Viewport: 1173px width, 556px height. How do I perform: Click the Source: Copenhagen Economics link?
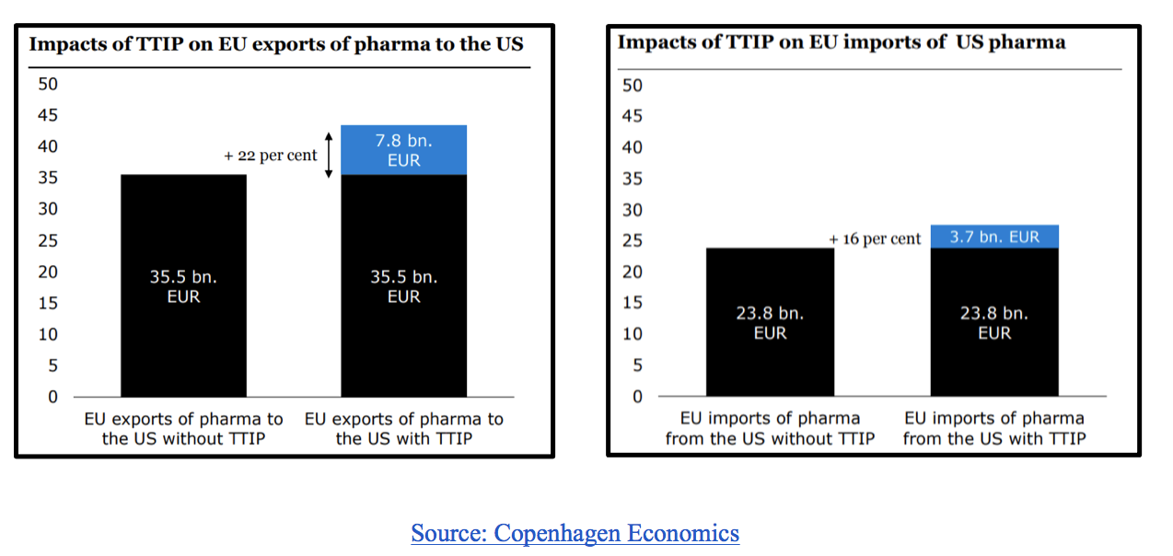(x=575, y=533)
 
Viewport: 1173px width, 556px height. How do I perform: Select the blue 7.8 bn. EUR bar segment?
(x=403, y=150)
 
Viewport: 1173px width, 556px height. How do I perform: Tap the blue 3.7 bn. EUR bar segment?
(x=994, y=237)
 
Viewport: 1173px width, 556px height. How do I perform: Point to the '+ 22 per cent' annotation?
(x=271, y=156)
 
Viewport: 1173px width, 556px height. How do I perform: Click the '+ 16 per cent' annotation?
(x=875, y=239)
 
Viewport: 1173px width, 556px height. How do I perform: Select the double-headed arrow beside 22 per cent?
(x=329, y=156)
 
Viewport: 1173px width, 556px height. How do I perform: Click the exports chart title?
(x=276, y=43)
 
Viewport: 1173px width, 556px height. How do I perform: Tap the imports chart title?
(x=841, y=42)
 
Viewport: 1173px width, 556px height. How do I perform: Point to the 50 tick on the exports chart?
(x=48, y=84)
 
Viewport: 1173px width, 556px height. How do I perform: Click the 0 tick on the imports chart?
(x=637, y=397)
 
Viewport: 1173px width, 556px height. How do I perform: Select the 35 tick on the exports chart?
(x=48, y=178)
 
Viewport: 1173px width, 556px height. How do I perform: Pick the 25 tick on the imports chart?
(x=633, y=240)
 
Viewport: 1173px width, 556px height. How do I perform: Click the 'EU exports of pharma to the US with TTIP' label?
(x=404, y=429)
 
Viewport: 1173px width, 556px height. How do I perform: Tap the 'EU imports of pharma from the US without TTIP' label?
(x=770, y=429)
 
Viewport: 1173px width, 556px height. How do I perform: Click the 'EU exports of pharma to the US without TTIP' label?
(x=183, y=429)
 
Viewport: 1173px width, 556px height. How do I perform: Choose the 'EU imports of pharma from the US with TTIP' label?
(x=994, y=429)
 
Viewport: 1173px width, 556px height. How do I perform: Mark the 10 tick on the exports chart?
(x=48, y=334)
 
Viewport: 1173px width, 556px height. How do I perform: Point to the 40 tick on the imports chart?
(x=633, y=147)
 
